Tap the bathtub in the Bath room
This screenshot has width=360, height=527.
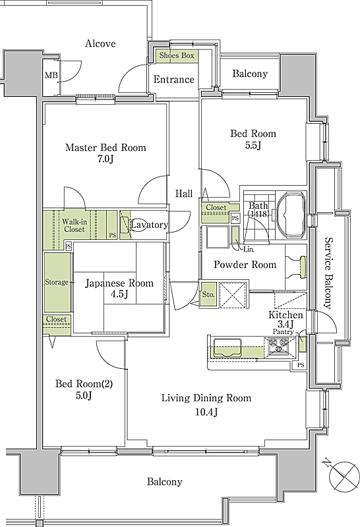click(x=291, y=215)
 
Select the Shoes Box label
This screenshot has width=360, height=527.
click(x=177, y=55)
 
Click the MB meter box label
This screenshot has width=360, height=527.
click(x=51, y=75)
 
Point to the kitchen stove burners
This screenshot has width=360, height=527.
click(x=278, y=347)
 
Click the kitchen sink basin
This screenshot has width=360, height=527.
click(x=227, y=348)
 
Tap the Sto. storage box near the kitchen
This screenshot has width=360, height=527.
click(x=208, y=294)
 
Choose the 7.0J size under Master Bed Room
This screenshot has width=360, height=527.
click(x=105, y=159)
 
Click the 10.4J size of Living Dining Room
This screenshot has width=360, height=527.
click(x=206, y=412)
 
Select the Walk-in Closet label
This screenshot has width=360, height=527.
click(x=75, y=225)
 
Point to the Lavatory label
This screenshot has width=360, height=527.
click(x=149, y=225)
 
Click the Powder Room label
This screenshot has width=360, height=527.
click(x=245, y=265)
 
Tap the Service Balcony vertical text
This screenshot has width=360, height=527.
click(x=328, y=273)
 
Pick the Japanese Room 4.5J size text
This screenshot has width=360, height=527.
click(x=119, y=294)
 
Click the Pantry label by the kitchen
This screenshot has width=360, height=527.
click(x=283, y=332)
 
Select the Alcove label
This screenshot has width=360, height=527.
click(x=100, y=43)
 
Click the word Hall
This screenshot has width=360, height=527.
click(x=184, y=193)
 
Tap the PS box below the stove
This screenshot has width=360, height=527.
click(x=301, y=365)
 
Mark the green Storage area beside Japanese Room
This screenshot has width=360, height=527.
click(x=57, y=283)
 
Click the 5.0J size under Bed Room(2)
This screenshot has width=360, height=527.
click(x=84, y=395)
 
